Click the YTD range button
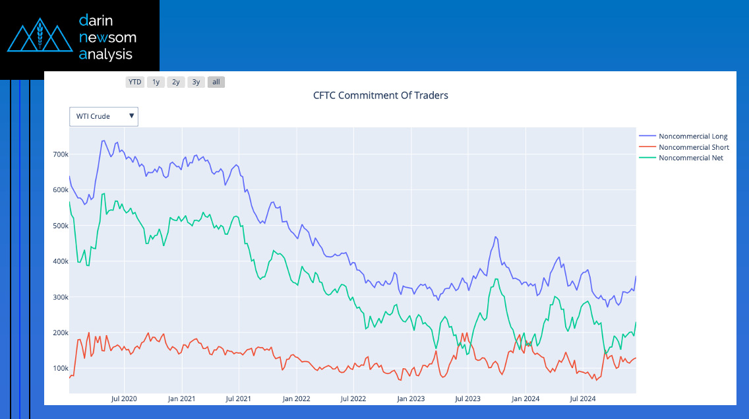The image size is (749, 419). pyautogui.click(x=135, y=82)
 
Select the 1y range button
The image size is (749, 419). pyautogui.click(x=156, y=82)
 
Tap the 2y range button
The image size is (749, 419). pyautogui.click(x=176, y=82)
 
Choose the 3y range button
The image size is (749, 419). pyautogui.click(x=196, y=82)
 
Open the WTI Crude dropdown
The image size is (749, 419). pyautogui.click(x=104, y=116)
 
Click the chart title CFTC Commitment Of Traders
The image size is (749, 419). pyautogui.click(x=380, y=96)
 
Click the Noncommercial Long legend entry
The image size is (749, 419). pyautogui.click(x=692, y=137)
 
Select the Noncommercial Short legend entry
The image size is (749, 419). pyautogui.click(x=693, y=147)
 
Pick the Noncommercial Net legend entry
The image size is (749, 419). pyautogui.click(x=690, y=158)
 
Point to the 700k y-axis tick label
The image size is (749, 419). pyautogui.click(x=61, y=154)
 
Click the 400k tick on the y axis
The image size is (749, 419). pyautogui.click(x=61, y=261)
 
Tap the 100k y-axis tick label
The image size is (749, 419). pyautogui.click(x=61, y=368)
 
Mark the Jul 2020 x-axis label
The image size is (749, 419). pyautogui.click(x=124, y=399)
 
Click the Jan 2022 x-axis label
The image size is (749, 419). pyautogui.click(x=296, y=399)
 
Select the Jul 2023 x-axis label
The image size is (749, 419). pyautogui.click(x=468, y=399)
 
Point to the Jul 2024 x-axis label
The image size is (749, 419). pyautogui.click(x=582, y=399)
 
